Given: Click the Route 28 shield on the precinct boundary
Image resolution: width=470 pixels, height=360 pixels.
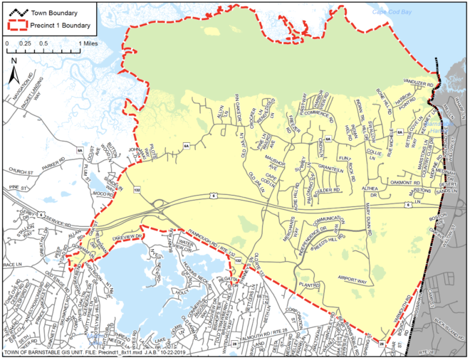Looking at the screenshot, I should (382, 344).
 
